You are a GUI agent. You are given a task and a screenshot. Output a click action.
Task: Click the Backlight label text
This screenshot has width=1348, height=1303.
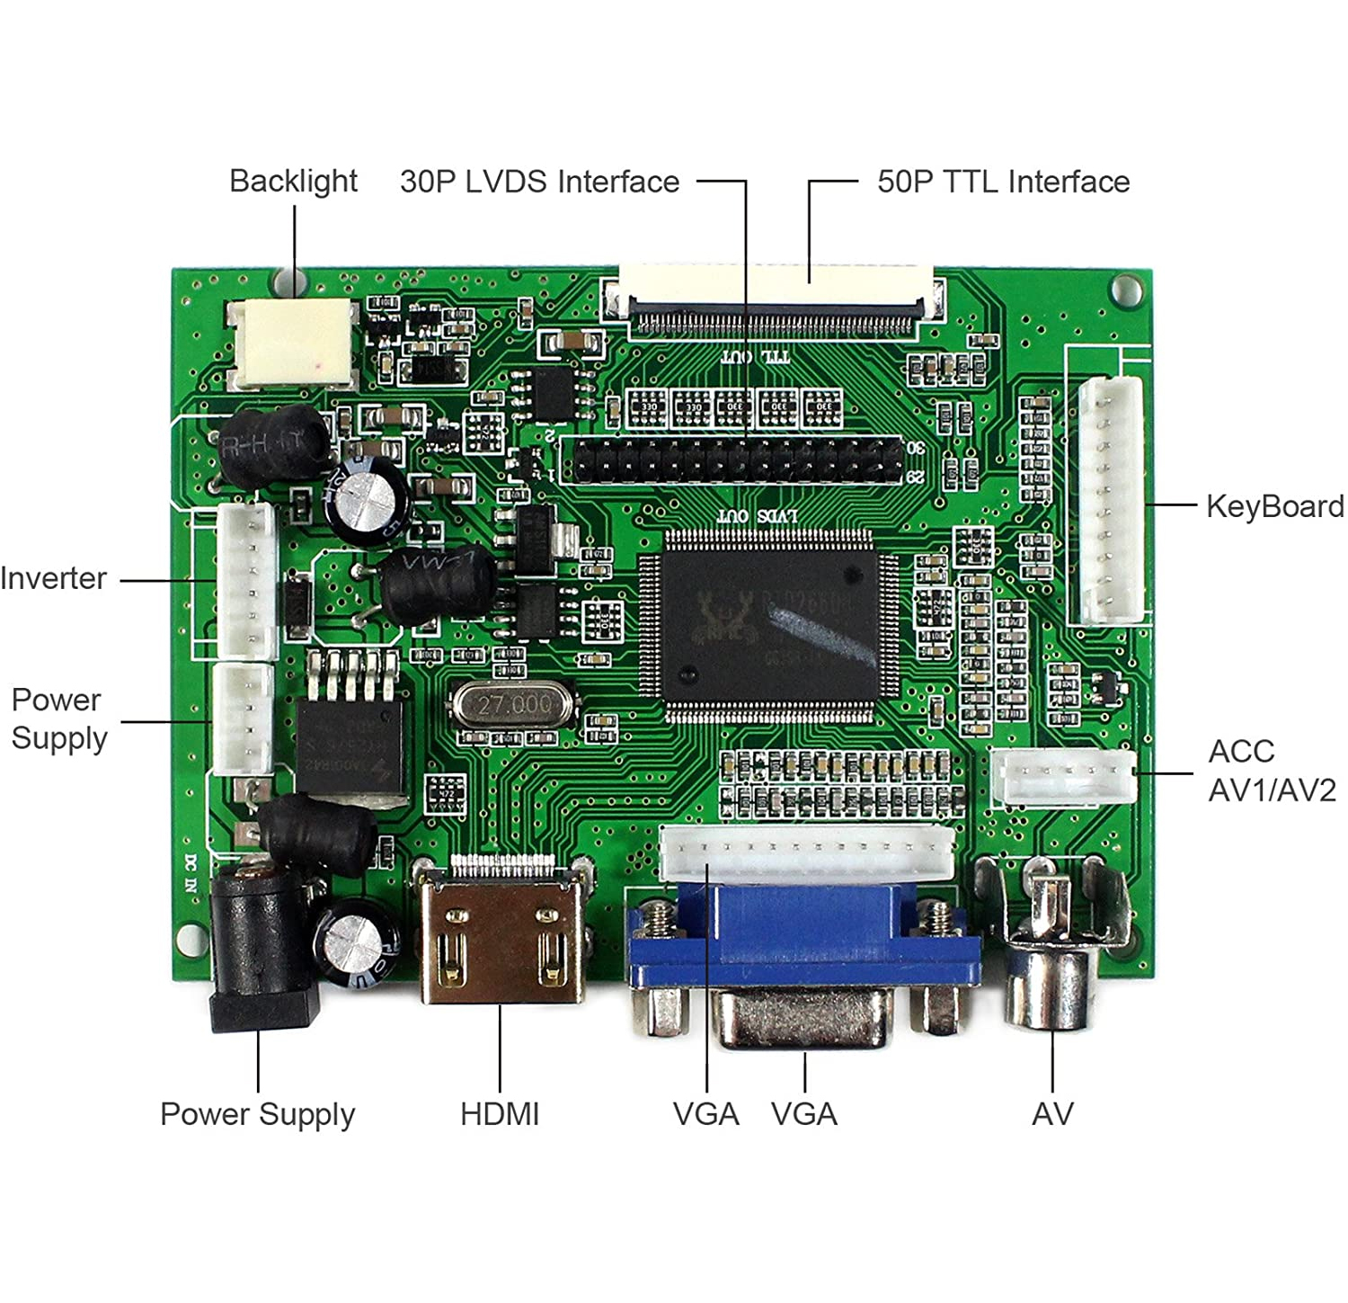(293, 182)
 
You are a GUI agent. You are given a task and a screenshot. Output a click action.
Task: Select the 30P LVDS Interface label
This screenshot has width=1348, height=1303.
(539, 182)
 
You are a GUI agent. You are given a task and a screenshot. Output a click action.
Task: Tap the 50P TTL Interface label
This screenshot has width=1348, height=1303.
(1003, 182)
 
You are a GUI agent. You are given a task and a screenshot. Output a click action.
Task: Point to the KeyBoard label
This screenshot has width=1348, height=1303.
(1274, 506)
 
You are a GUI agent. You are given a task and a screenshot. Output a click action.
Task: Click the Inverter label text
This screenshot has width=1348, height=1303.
(54, 578)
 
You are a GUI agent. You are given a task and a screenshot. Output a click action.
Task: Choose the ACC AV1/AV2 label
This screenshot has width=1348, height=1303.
(1271, 771)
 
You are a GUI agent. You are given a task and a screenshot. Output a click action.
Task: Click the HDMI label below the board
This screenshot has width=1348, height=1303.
(500, 1114)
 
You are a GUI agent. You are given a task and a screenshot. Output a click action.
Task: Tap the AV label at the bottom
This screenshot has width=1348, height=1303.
(1052, 1114)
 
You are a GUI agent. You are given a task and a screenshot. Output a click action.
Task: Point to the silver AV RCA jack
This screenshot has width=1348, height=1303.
(1051, 962)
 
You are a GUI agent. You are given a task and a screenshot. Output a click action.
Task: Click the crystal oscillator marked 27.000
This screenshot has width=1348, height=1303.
(512, 704)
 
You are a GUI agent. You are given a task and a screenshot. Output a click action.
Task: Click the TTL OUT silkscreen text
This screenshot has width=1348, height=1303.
(755, 357)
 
